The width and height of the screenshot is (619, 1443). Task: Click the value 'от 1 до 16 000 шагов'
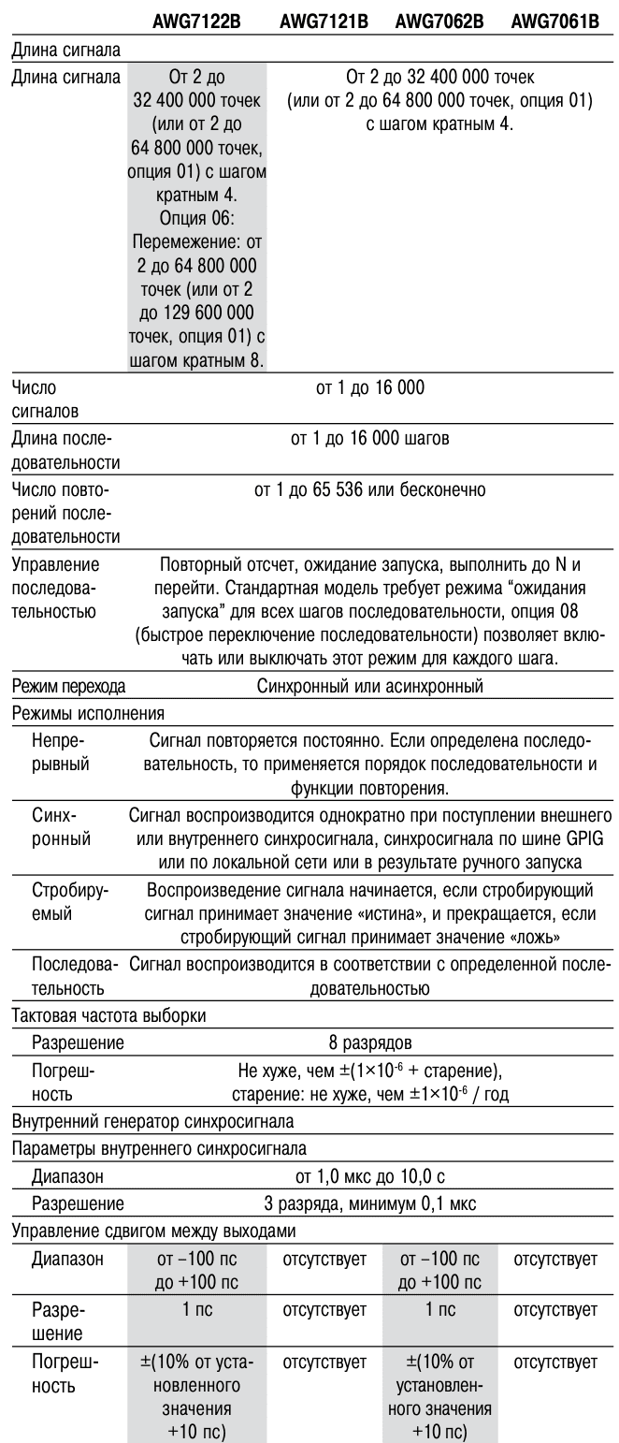[x=370, y=437]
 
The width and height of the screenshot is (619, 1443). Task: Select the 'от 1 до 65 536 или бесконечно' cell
[x=370, y=489]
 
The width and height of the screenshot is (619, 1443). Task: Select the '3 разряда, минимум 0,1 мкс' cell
[x=370, y=1193]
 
